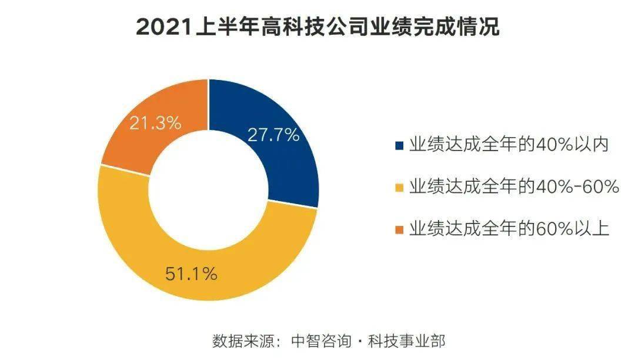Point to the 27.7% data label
pos(273,135)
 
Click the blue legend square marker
pos(400,145)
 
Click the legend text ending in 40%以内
pos(508,145)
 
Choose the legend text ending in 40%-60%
pos(515,187)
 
